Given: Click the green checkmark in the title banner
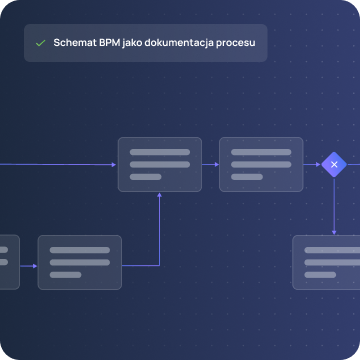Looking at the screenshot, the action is coord(40,43).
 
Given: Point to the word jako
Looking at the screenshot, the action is coord(132,44).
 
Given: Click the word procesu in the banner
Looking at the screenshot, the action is coord(236,44).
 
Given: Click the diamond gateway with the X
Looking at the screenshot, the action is coord(334,165).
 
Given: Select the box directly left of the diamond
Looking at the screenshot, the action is coord(261,164).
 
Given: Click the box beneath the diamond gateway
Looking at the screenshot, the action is coord(326,262).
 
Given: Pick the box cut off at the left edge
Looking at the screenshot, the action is coord(10,262).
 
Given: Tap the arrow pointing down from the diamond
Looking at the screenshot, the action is coord(334,206).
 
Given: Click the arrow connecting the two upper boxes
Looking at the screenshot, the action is coord(210,165).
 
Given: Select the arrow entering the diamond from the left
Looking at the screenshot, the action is coord(312,165).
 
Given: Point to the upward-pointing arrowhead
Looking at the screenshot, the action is coord(159,195).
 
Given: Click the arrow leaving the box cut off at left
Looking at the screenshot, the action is coord(29,266).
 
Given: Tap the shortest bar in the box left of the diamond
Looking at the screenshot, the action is coord(247,177).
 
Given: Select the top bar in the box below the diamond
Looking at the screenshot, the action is coord(332,250).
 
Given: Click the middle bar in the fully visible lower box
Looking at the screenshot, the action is coord(80,262).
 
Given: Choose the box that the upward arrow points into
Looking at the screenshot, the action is coord(160,164).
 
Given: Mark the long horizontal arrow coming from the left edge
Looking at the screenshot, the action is coord(58,165).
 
